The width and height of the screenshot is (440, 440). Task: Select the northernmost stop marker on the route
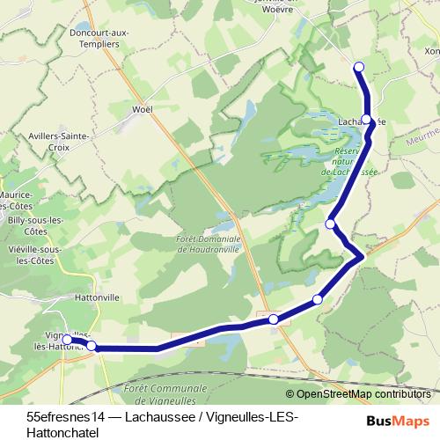[x=358, y=67]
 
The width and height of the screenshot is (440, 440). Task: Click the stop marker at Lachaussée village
[x=367, y=121]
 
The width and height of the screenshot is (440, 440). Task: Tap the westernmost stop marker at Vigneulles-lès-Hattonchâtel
[x=67, y=339]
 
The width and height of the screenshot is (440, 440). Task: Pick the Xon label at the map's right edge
[x=431, y=53]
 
